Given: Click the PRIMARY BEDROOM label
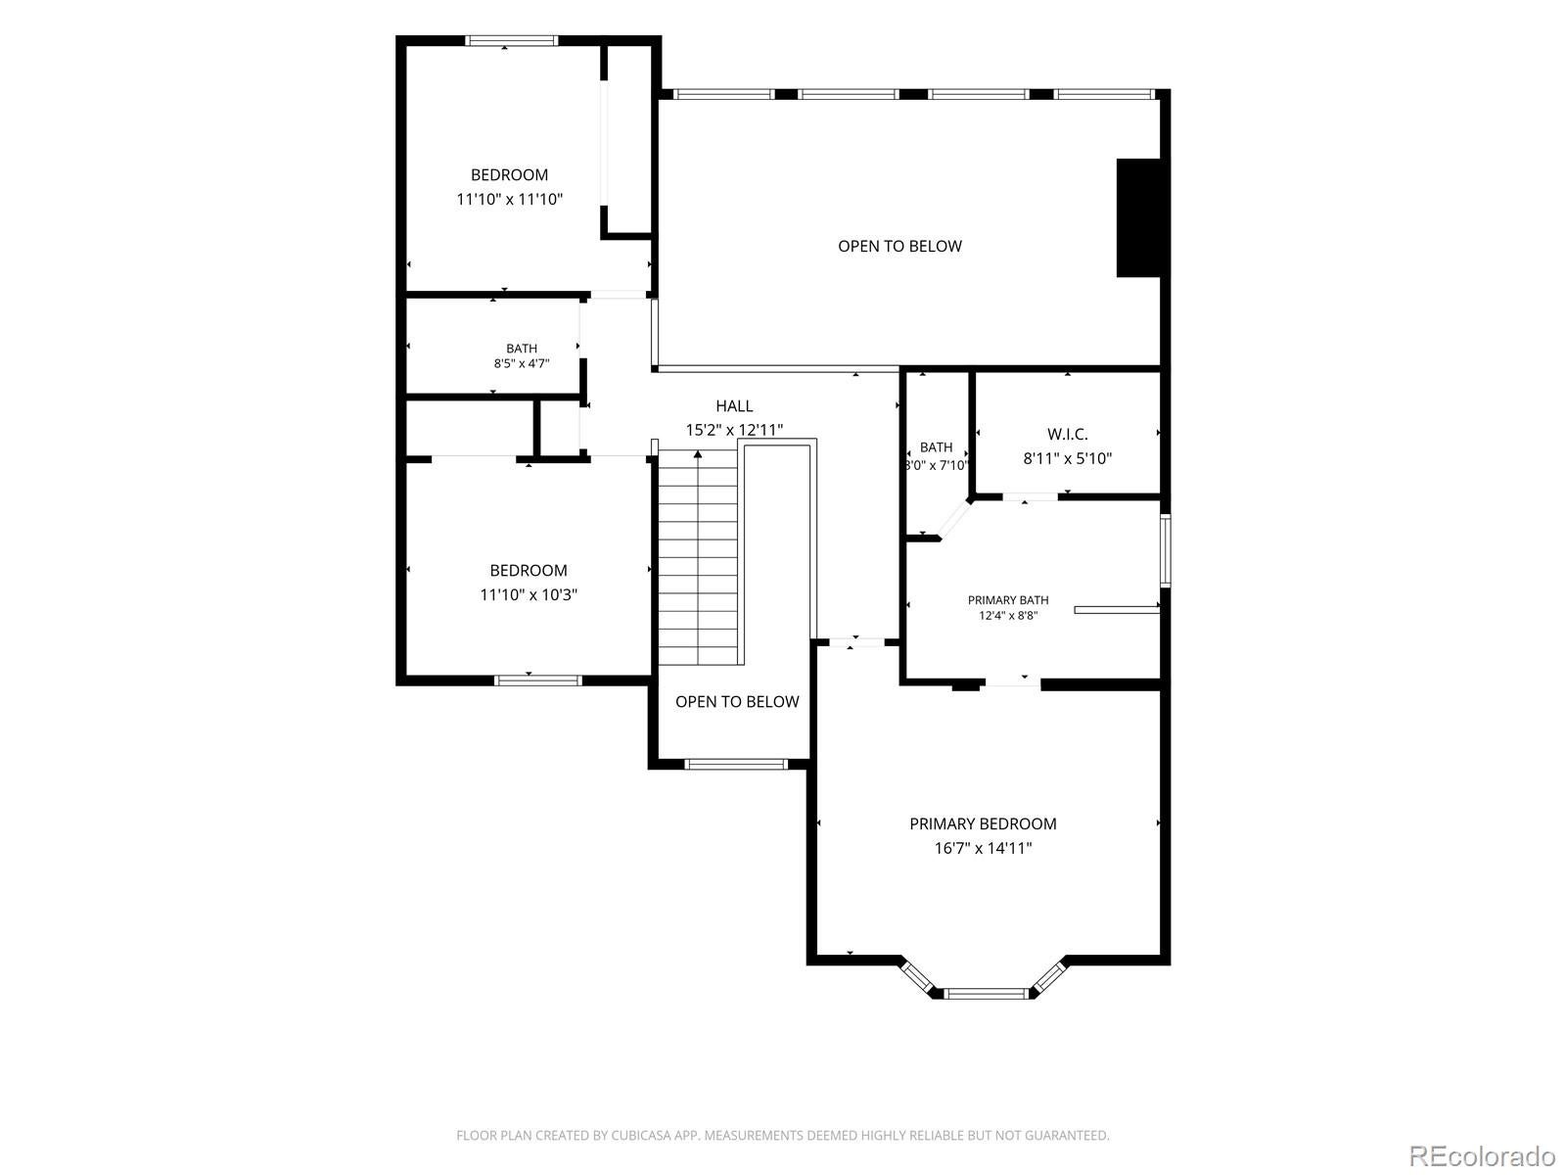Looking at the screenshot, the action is point(983,823).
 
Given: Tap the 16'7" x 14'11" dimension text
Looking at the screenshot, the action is point(983,848).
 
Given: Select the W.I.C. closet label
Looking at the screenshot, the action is point(1067,434).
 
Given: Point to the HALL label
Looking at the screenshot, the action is point(734,406).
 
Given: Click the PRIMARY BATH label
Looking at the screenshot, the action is point(1008,600).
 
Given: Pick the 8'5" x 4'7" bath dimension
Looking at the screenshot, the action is point(522,363).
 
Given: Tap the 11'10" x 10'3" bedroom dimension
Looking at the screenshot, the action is point(529,594).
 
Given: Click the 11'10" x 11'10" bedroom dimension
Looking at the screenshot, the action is point(509,199).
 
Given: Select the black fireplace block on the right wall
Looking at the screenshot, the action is point(1139,217).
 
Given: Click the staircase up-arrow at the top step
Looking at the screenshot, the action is point(698,453).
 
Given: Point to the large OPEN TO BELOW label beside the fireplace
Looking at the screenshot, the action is point(899,246).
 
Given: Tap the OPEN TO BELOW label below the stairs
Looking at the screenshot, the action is point(737,701).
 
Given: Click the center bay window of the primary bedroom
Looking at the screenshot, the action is point(986,992).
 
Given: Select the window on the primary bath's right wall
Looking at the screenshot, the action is point(1165,549).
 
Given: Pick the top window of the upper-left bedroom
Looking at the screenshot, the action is point(511,41).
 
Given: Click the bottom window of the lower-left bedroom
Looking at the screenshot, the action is point(538,680).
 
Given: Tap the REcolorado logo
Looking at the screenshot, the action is point(1482,1155).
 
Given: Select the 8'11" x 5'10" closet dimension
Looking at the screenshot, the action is point(1067,458).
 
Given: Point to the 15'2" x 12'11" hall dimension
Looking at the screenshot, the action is point(734,430).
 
